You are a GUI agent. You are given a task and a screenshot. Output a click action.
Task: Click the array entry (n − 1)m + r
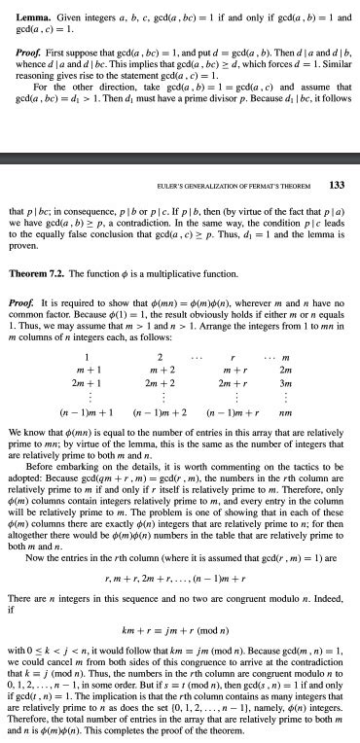click(248, 386)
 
